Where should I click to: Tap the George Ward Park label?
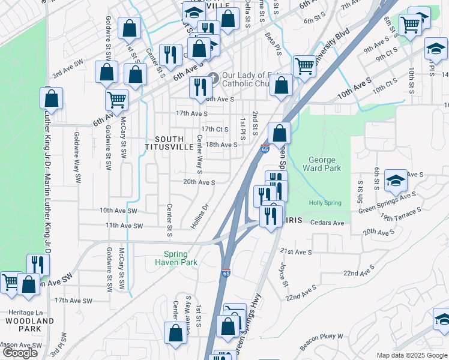[325, 164]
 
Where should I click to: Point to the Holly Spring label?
[325, 203]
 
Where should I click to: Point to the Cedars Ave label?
[327, 223]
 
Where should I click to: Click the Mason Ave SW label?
[21, 346]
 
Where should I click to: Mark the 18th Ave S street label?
[221, 145]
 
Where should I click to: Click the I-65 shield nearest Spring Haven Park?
[226, 272]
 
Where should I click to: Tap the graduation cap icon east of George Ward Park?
[395, 180]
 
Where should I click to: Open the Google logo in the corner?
[20, 353]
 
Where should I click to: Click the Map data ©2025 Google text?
[411, 355]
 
